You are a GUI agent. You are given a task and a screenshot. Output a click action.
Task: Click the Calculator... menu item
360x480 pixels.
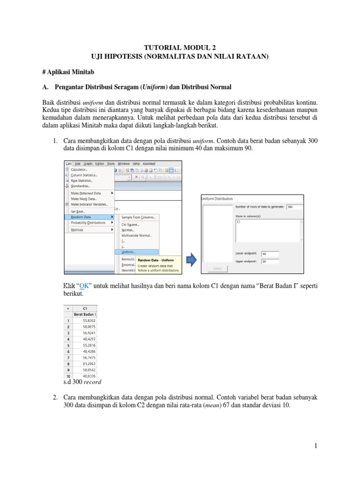[80, 169]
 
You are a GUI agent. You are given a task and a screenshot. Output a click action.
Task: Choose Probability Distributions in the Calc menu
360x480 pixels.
[88, 223]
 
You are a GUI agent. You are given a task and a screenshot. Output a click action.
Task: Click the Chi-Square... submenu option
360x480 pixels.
[130, 225]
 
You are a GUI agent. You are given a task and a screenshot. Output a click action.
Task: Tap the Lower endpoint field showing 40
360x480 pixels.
[270, 254]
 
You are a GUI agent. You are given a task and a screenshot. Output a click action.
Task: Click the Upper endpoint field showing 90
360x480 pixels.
[270, 262]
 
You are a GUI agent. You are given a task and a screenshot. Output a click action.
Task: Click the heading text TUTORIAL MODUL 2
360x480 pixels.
[180, 48]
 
